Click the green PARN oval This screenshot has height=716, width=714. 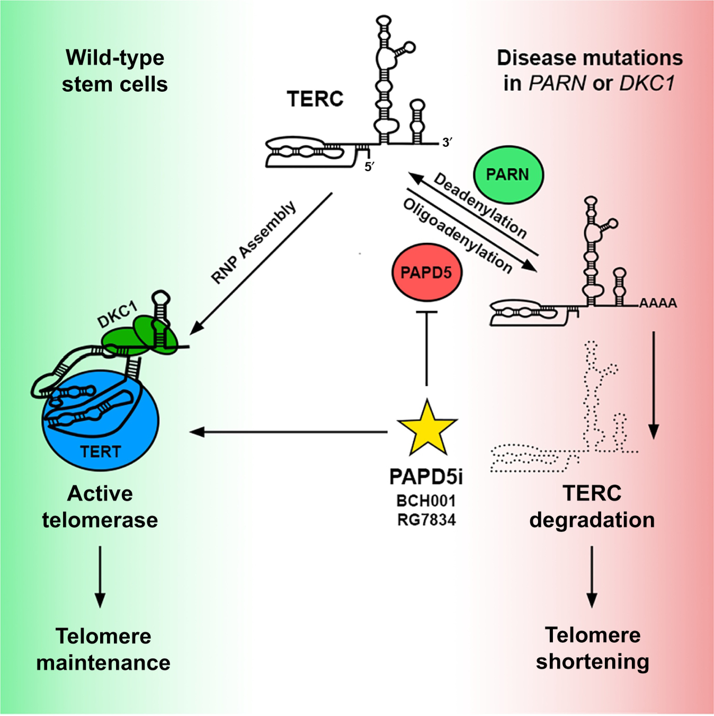508,174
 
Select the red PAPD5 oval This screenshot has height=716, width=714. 426,272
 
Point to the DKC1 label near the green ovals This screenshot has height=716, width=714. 118,315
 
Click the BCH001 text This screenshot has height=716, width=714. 426,501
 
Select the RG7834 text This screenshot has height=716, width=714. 426,520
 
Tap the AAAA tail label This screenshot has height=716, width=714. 658,304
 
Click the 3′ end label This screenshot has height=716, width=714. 447,143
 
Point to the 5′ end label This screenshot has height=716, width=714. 369,167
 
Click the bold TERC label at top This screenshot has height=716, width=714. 315,99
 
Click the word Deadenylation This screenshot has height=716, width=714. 480,206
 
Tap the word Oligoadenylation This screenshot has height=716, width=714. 458,235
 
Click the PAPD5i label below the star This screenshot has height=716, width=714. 426,476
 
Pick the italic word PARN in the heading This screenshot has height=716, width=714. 557,84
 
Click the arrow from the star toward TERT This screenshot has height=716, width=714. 289,432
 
